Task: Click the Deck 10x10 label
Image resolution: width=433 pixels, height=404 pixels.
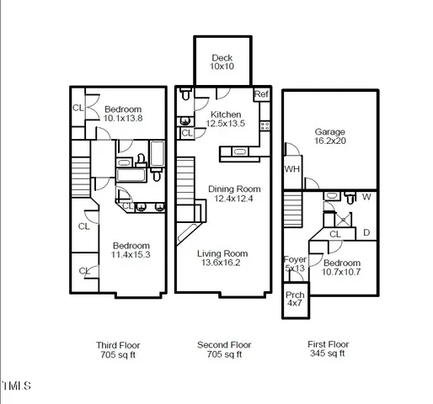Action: pyautogui.click(x=222, y=62)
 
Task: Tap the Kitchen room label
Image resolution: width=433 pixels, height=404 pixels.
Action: pyautogui.click(x=226, y=120)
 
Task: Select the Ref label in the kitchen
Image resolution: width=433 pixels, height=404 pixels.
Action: pyautogui.click(x=261, y=94)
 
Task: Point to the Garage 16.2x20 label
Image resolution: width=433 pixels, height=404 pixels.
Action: pyautogui.click(x=330, y=137)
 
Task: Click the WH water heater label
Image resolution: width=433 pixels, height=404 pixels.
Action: pyautogui.click(x=292, y=168)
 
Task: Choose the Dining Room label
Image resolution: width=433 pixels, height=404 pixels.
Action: pyautogui.click(x=234, y=194)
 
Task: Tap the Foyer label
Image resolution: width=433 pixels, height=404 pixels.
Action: pyautogui.click(x=295, y=264)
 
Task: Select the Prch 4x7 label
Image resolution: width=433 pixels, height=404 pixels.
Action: pyautogui.click(x=295, y=300)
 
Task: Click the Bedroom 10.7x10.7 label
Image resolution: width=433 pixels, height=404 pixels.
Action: pyautogui.click(x=342, y=268)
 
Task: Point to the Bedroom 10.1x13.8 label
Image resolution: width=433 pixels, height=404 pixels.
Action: pyautogui.click(x=122, y=114)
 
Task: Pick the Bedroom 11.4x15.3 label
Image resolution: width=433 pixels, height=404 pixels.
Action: pyautogui.click(x=131, y=250)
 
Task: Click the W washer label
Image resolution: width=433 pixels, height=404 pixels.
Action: pyautogui.click(x=366, y=199)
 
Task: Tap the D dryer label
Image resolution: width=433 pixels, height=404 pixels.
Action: pyautogui.click(x=366, y=231)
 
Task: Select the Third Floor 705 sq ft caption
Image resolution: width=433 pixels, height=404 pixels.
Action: pyautogui.click(x=118, y=350)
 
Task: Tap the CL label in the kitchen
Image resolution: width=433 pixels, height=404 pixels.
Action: pyautogui.click(x=187, y=132)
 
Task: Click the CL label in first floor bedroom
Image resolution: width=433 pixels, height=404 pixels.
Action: pyautogui.click(x=334, y=234)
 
